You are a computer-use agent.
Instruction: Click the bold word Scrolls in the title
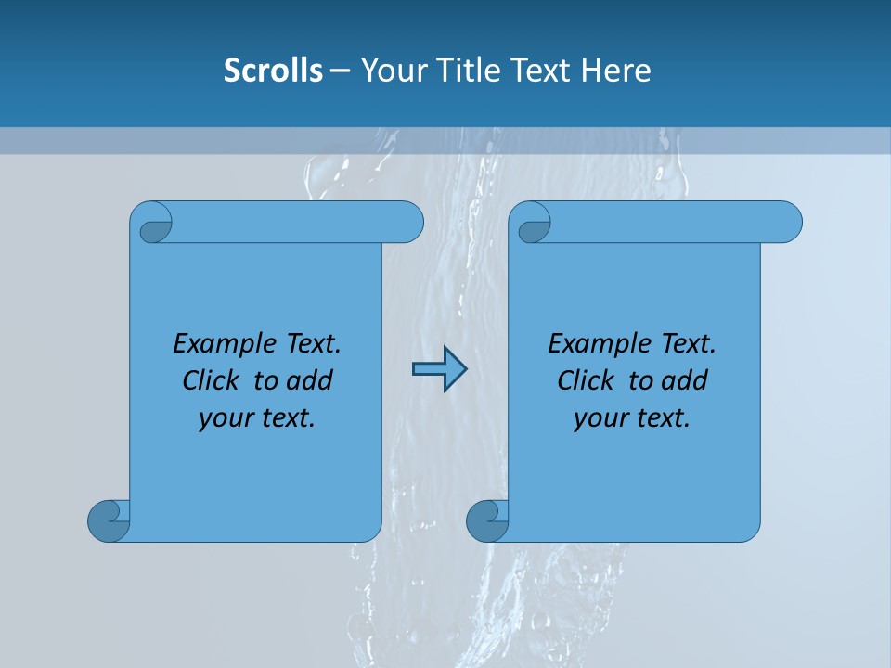[x=273, y=71]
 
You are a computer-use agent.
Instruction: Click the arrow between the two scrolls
[x=439, y=369]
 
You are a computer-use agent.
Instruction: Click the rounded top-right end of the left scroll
[x=408, y=223]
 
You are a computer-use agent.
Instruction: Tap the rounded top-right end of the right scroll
[x=787, y=223]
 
